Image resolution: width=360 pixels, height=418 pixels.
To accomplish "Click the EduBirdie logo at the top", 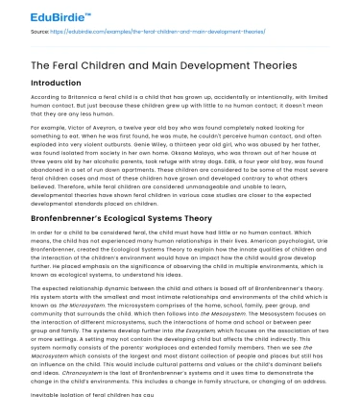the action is coord(39,13).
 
